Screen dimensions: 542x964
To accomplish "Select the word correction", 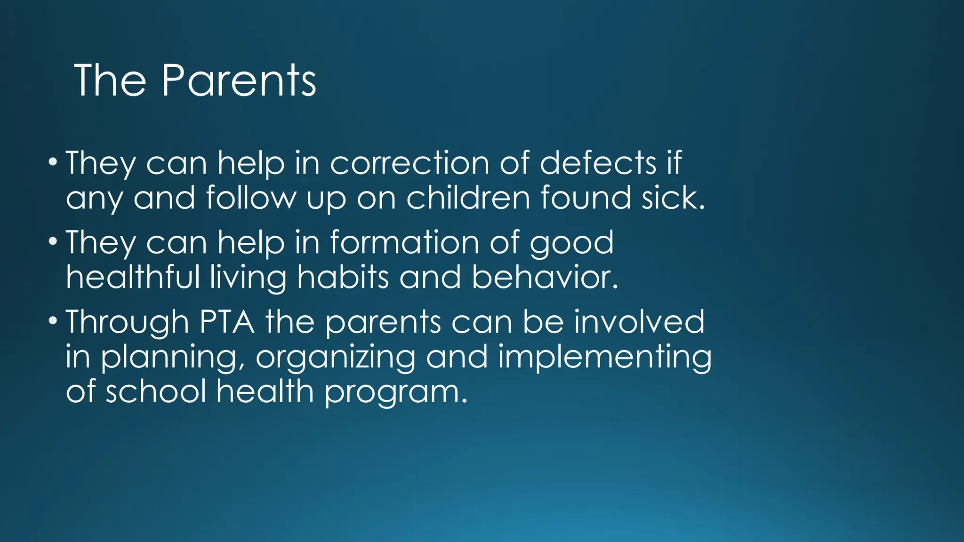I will click(410, 163).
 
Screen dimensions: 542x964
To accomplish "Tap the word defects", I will click(598, 163).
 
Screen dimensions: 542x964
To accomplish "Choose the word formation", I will click(405, 243).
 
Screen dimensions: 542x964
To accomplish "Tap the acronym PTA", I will click(227, 322).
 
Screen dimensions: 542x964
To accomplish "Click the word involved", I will click(639, 322).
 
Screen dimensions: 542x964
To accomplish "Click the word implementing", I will click(605, 358).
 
